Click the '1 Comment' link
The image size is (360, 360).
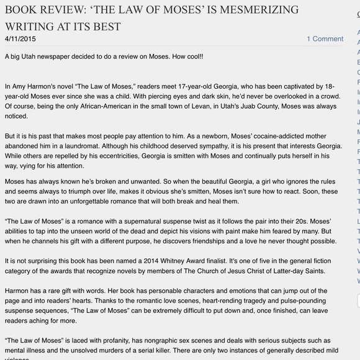click(x=325, y=38)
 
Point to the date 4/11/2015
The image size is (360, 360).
click(x=20, y=38)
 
